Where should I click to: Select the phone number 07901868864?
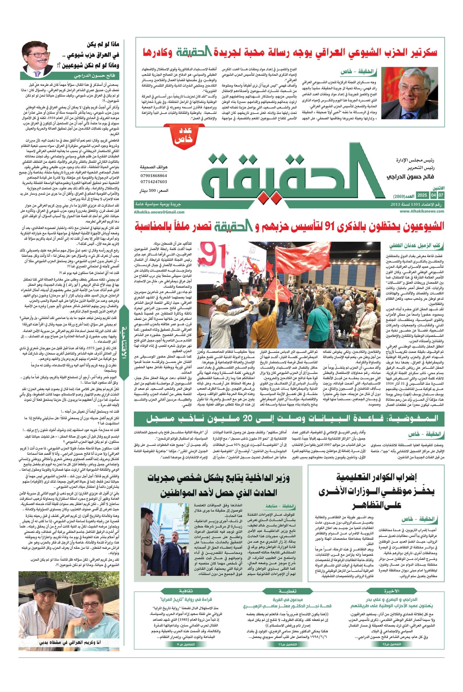[x=154, y=176]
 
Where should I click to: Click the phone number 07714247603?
[x=154, y=182]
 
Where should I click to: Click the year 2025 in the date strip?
[x=422, y=195]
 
